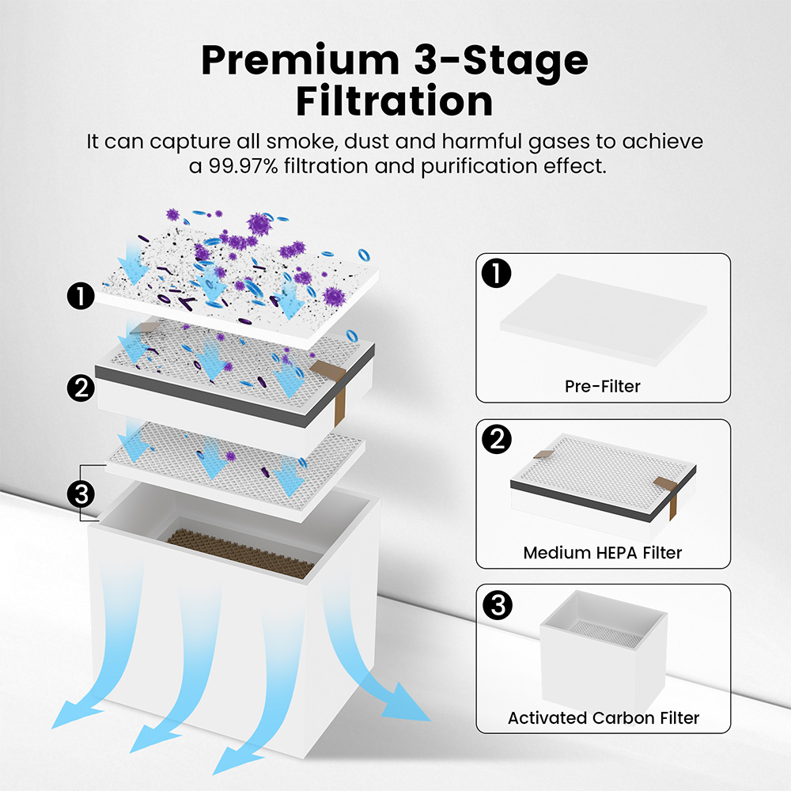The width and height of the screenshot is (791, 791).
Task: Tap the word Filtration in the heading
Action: [394, 100]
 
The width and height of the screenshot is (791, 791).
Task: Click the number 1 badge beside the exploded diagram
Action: [80, 297]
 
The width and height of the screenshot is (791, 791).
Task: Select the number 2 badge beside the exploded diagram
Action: [80, 388]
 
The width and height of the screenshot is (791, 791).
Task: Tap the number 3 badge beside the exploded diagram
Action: [80, 494]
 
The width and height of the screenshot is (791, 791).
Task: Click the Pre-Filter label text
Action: [603, 387]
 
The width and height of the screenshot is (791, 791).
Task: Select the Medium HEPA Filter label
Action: [603, 552]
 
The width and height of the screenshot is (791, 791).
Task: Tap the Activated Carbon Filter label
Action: [603, 718]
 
